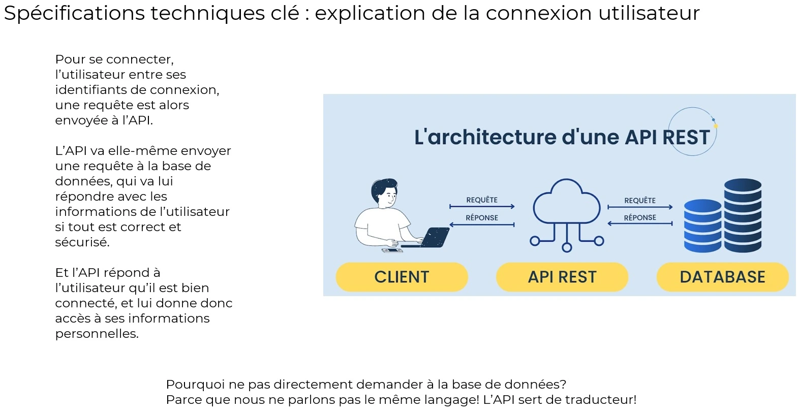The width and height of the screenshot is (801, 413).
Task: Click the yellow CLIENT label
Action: [x=402, y=277]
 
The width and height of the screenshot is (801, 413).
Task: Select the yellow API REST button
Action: [x=562, y=277]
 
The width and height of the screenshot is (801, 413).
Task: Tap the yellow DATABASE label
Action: [x=722, y=277]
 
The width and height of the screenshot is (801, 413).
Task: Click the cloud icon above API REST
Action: [x=566, y=203]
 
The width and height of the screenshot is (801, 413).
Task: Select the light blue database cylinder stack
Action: [x=702, y=226]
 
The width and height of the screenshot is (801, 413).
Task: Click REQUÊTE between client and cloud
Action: [x=482, y=200]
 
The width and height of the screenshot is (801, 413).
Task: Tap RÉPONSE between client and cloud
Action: [x=482, y=218]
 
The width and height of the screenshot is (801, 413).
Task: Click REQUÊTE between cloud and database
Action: [x=640, y=201]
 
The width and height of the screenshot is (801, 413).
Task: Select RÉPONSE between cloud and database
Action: [x=640, y=218]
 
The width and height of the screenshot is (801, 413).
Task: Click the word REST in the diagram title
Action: [x=686, y=137]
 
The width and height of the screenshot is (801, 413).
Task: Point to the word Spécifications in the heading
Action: [x=74, y=14]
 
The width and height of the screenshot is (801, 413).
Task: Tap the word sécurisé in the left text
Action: [x=82, y=242]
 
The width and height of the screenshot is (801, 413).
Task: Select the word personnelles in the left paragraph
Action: [x=97, y=334]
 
